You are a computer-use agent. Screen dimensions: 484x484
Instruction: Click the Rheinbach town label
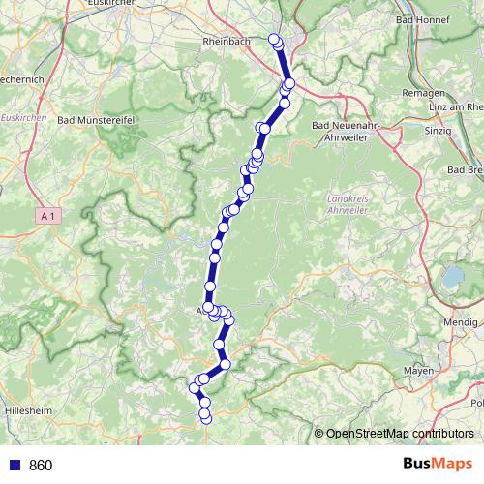[227, 42]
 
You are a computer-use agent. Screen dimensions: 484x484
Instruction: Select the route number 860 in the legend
[41, 466]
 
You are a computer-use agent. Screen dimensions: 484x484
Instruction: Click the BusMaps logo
[438, 465]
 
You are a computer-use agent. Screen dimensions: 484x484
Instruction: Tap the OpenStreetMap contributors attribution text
[399, 433]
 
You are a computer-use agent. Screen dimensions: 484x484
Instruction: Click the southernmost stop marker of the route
[204, 418]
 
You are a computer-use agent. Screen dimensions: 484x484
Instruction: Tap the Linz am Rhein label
[451, 106]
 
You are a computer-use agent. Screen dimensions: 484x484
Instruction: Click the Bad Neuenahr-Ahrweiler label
[350, 131]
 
